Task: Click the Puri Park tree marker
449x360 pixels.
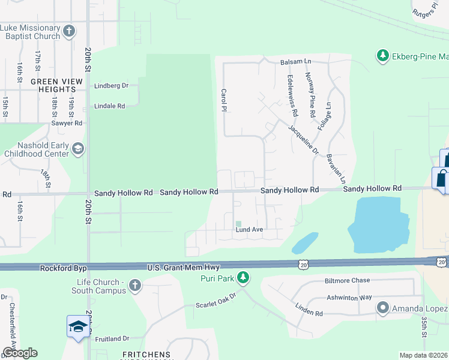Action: [x=243, y=277]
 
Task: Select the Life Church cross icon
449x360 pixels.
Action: [x=135, y=286]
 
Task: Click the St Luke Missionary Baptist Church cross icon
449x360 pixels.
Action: [x=70, y=31]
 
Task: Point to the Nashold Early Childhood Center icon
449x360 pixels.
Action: [x=77, y=149]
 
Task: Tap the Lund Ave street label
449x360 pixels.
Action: [x=250, y=230]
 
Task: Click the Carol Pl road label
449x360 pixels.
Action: [x=224, y=103]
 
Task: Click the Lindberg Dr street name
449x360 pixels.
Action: [x=112, y=86]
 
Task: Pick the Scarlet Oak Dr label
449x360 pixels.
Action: [x=217, y=300]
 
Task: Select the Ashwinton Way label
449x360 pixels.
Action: [x=367, y=297]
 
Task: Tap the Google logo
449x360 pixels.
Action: [x=20, y=353]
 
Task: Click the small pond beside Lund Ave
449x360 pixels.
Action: [x=305, y=243]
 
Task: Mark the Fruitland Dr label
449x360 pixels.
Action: [x=112, y=338]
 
